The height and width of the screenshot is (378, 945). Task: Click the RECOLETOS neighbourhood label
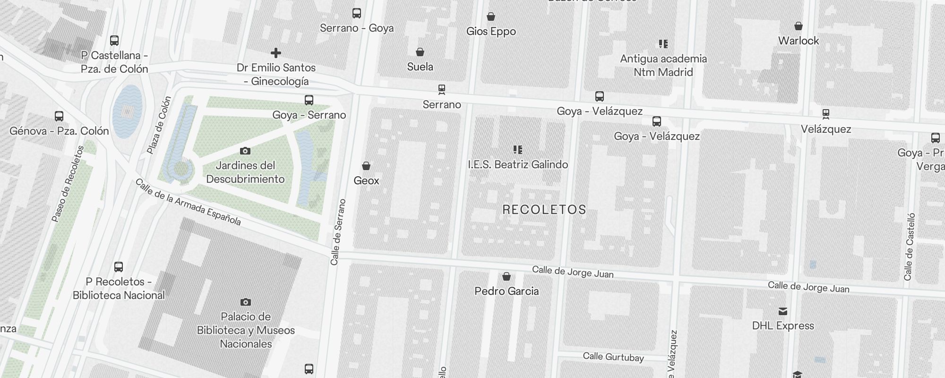tap(544, 210)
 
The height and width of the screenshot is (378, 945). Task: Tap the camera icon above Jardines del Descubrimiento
tap(245, 151)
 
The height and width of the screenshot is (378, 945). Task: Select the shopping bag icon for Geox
tap(366, 166)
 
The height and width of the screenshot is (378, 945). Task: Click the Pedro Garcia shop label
tap(507, 291)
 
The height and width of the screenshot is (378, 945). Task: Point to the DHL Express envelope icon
tap(783, 311)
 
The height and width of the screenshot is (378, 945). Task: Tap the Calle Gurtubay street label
tap(613, 357)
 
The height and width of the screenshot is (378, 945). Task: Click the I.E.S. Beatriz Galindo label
tap(518, 164)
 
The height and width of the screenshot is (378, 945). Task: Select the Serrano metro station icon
tap(442, 89)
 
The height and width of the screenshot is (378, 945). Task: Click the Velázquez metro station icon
tap(825, 114)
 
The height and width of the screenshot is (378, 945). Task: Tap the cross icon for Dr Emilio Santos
tap(276, 53)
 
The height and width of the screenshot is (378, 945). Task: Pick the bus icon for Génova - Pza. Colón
tap(59, 116)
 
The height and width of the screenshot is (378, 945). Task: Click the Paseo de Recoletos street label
tap(68, 184)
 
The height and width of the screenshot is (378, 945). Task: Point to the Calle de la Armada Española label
tap(188, 202)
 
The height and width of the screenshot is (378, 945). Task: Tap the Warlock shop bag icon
tap(799, 26)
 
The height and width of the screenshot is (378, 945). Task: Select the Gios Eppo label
tap(491, 32)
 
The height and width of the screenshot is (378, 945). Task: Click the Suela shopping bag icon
tap(420, 52)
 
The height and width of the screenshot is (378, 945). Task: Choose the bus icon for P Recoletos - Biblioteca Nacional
tap(119, 267)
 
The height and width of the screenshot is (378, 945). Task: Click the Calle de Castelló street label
tap(909, 247)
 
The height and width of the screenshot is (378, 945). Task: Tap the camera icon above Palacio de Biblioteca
tap(246, 302)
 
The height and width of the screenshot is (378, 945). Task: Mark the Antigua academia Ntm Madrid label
tap(663, 65)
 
